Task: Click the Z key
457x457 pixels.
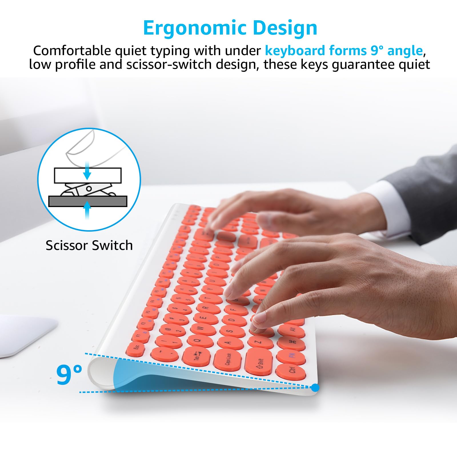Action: [x=259, y=341]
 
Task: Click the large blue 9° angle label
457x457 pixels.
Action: [x=69, y=374]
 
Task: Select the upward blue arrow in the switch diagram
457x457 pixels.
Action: [x=87, y=209]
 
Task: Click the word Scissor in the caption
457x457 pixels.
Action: [x=66, y=246]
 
